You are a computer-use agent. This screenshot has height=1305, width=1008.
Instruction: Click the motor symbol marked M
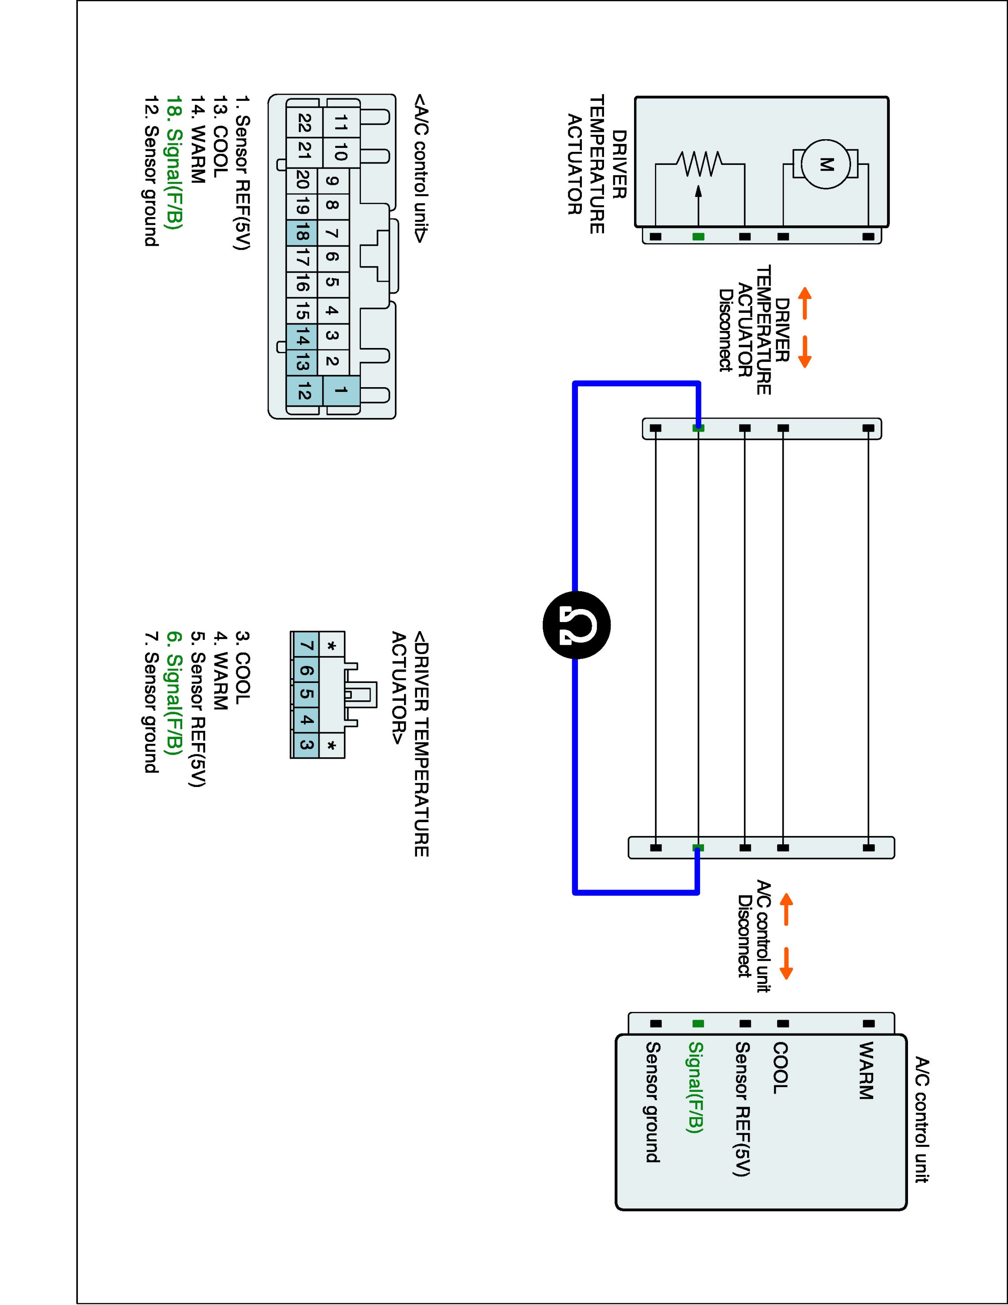826,164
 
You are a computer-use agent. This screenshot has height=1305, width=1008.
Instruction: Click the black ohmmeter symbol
576,624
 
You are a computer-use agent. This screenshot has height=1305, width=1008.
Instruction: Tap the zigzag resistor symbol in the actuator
699,164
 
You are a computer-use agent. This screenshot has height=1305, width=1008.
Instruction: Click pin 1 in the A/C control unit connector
341,391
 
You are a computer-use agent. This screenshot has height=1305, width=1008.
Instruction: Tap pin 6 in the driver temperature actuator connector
305,670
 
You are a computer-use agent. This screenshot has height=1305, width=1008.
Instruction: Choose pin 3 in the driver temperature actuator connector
305,745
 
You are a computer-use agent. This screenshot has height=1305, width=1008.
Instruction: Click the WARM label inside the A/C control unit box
866,1070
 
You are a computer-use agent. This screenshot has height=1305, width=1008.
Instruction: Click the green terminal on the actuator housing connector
698,237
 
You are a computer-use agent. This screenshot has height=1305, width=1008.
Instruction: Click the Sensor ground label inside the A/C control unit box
653,1102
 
